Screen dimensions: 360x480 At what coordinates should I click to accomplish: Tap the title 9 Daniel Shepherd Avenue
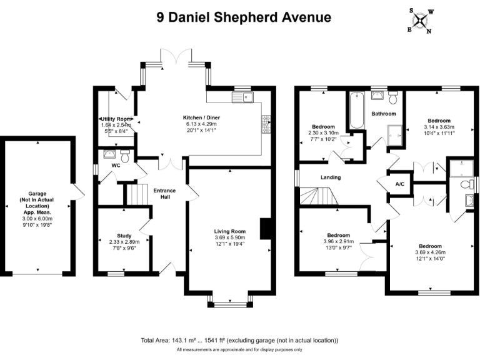(244, 17)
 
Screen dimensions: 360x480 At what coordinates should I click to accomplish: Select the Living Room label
(230, 231)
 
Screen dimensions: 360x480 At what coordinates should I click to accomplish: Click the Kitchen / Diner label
(201, 117)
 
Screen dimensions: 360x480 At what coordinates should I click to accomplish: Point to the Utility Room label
(116, 119)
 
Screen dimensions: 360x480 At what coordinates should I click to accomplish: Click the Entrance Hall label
(164, 193)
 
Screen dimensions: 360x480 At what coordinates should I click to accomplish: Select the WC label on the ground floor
(116, 166)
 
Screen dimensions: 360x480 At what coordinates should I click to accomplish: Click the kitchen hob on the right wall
(266, 124)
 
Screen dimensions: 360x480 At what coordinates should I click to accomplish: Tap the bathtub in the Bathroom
(356, 111)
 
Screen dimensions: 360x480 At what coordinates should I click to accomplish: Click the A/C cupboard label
(400, 184)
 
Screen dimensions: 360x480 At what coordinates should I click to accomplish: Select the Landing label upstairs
(331, 177)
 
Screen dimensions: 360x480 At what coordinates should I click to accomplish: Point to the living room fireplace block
(266, 228)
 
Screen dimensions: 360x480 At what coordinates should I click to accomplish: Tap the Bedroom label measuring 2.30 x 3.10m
(323, 127)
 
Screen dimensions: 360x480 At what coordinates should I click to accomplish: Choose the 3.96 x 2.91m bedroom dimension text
(339, 242)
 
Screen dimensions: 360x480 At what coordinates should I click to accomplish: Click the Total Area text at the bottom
(240, 341)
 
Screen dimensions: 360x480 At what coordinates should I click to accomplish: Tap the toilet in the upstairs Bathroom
(393, 98)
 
